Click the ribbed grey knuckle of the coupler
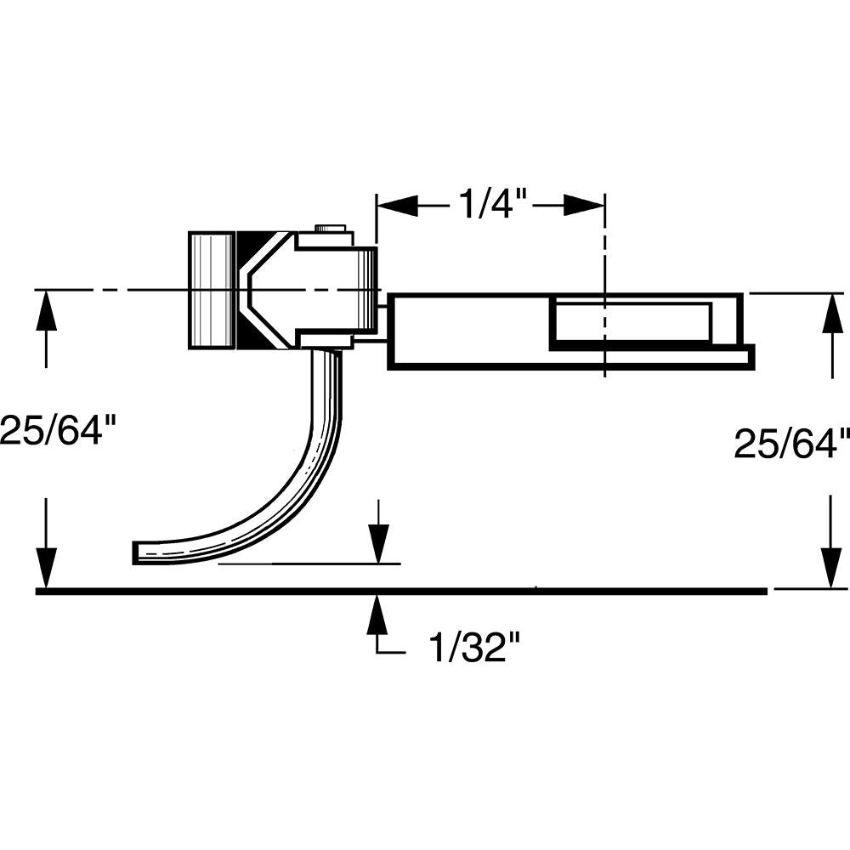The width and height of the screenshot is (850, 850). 211,290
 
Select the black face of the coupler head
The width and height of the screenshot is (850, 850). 255,290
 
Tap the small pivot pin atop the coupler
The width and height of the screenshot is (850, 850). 330,228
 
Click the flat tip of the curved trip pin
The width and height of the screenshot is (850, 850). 139,552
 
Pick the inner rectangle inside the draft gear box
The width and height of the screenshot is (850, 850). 631,323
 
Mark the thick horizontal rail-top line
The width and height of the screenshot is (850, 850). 399,590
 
